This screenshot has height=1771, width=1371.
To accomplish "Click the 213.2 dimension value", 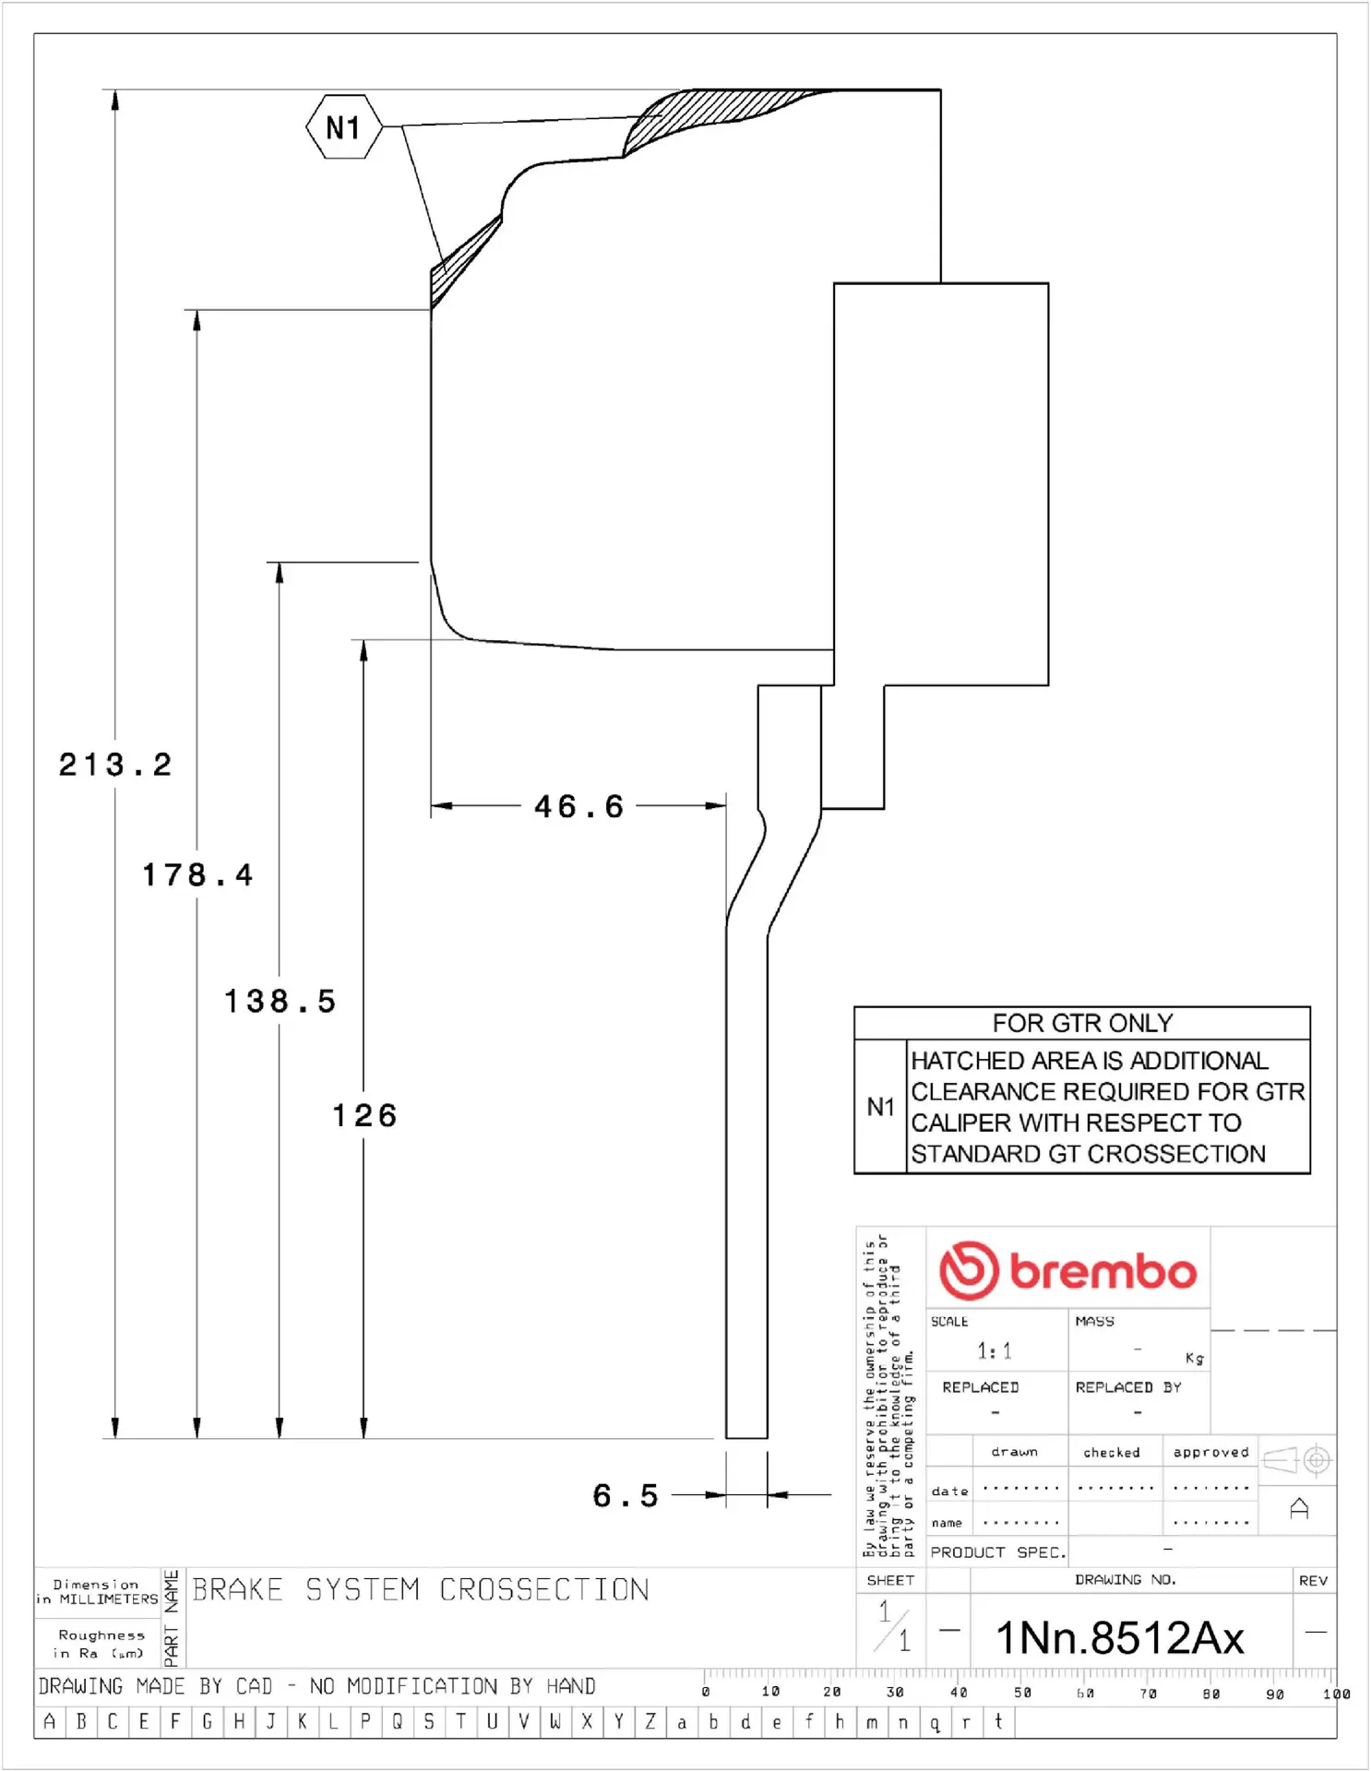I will [x=115, y=765].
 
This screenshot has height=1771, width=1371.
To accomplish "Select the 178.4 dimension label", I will [x=197, y=874].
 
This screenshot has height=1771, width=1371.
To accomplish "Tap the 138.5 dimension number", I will [x=280, y=1001].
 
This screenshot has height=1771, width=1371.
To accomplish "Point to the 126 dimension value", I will [x=365, y=1115].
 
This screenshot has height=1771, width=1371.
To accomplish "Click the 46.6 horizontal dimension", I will [x=579, y=807].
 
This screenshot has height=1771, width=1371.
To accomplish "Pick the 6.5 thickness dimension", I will [x=626, y=1495].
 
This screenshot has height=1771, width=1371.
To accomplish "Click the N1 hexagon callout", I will [x=344, y=127].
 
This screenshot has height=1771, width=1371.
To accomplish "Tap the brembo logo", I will [x=1067, y=1271].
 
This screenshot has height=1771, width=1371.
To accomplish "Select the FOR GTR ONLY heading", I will [x=1082, y=1023].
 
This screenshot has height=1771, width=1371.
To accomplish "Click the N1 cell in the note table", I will [x=881, y=1107].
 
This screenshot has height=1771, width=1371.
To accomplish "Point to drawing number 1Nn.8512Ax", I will [x=1120, y=1638].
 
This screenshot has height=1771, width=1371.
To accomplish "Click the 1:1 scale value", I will [x=995, y=1351].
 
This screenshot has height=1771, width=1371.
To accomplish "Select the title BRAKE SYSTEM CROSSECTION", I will [x=421, y=1589].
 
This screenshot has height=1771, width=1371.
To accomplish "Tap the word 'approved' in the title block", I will [x=1210, y=1452].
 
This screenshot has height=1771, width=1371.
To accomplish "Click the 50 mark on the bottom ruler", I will [x=1022, y=1693].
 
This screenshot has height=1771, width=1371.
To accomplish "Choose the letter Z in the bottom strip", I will [x=650, y=1721].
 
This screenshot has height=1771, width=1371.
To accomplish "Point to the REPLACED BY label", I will [x=1128, y=1387].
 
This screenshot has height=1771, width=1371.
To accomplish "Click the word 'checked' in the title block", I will [x=1112, y=1453].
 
